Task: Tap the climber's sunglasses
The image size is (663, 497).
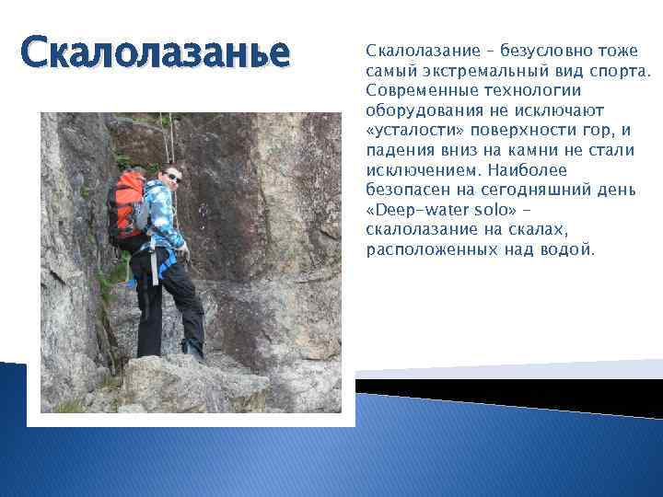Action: point(172,176)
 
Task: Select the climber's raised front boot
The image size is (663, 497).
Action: point(192,347)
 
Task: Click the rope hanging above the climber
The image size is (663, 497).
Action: point(171,138)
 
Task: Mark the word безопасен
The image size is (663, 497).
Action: point(406,191)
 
